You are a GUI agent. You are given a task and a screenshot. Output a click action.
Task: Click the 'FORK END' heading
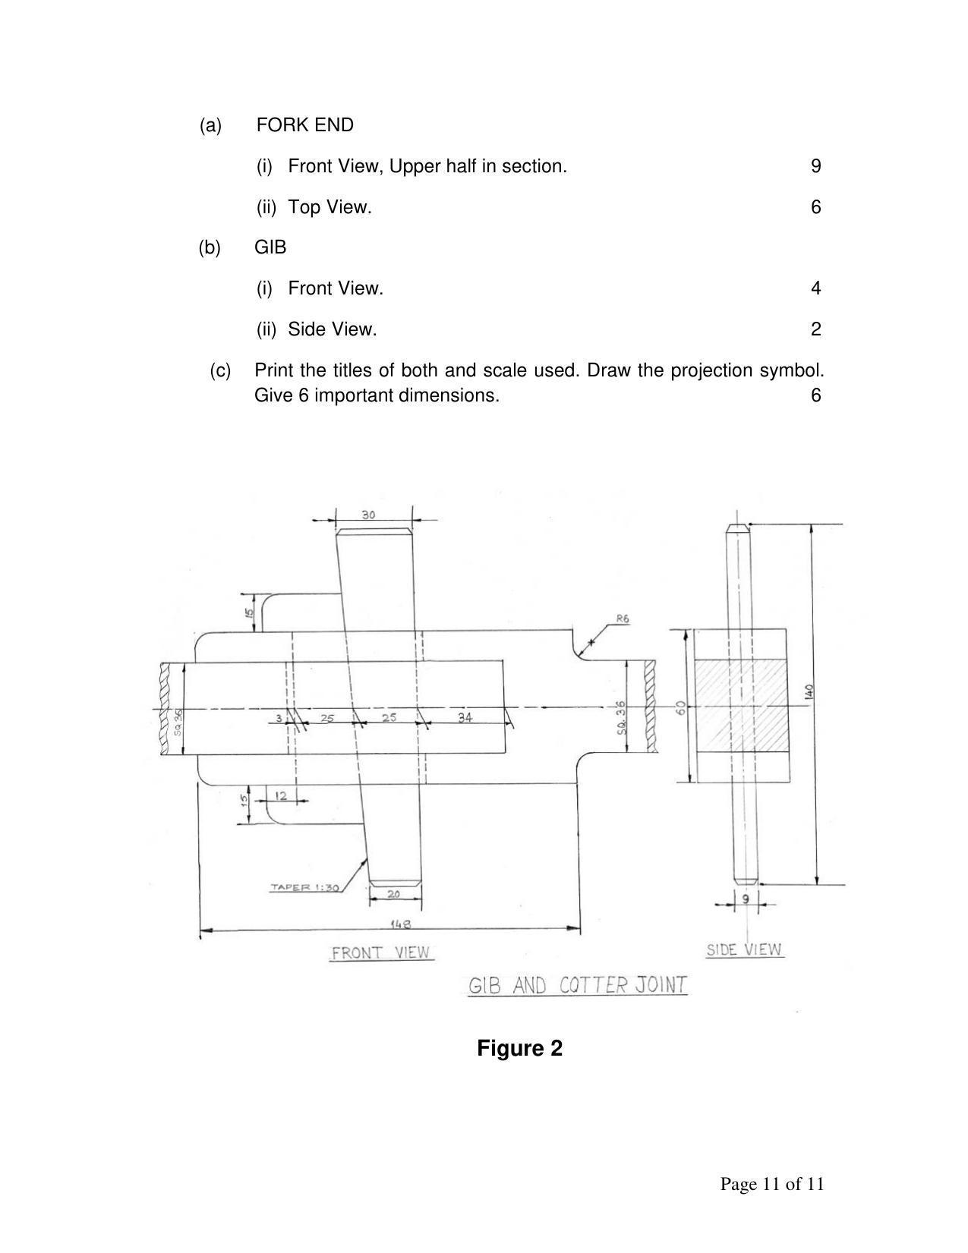304,125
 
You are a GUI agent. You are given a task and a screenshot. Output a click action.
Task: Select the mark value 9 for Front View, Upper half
815,166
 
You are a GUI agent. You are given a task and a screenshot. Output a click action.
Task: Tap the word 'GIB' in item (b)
270,247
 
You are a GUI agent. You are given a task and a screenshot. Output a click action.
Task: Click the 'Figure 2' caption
519,1048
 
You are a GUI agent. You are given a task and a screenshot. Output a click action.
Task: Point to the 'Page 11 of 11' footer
771,1183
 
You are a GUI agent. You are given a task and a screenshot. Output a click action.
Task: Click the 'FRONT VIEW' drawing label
381,952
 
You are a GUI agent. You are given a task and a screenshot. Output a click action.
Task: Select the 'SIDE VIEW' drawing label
744,949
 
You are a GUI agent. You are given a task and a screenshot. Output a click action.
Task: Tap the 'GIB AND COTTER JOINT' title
578,985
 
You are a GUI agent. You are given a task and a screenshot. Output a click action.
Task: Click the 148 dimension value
400,924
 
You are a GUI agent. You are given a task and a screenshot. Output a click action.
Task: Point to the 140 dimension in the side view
809,691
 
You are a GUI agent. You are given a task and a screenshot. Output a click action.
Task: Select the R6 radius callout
622,619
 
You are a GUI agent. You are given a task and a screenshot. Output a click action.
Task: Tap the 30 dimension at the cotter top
368,515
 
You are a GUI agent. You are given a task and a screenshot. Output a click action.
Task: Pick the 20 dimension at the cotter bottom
393,894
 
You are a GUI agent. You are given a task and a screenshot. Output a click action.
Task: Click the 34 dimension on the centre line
465,716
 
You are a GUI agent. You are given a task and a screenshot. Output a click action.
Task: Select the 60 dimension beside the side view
681,707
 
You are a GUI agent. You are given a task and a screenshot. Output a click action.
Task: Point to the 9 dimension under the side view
745,899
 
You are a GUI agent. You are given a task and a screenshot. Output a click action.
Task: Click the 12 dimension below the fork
281,795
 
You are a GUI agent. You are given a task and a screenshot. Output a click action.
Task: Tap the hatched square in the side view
740,705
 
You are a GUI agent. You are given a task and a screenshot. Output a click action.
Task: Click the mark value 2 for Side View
815,329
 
